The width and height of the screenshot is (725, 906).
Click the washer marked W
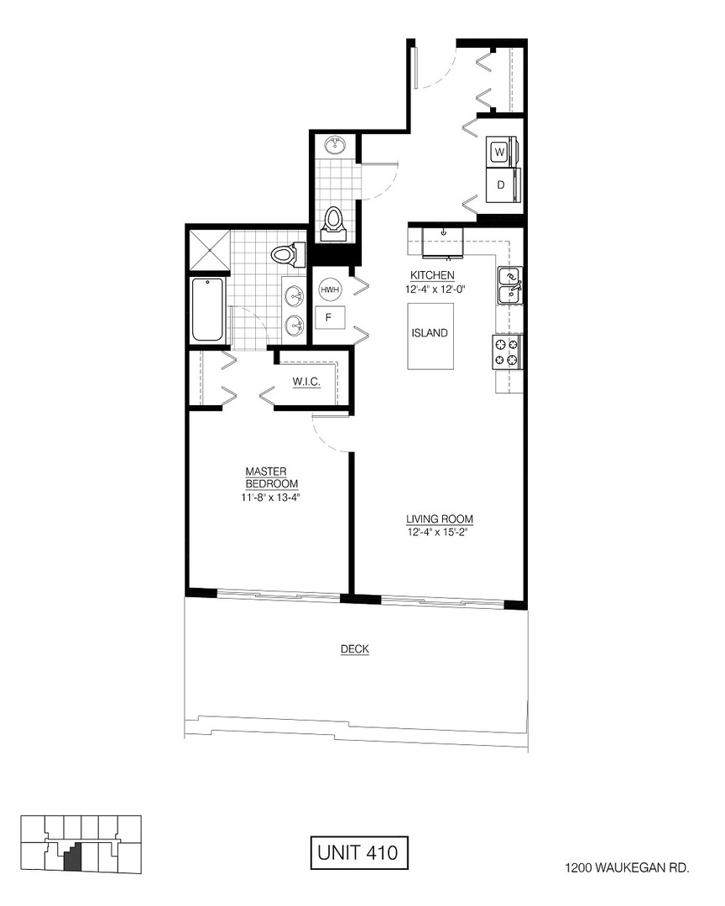500,152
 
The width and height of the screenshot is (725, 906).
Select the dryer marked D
501,185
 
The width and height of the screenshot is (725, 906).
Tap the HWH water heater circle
328,289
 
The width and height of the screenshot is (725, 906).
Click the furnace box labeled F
328,319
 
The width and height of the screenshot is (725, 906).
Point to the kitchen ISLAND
430,334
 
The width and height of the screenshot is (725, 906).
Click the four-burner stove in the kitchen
509,351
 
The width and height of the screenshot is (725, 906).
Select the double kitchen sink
509,285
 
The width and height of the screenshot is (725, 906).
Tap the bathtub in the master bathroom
208,310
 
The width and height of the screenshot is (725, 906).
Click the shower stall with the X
209,249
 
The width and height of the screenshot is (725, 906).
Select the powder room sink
336,145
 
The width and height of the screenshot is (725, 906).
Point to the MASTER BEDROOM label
271,477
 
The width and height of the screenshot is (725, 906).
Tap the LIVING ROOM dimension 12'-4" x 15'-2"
436,532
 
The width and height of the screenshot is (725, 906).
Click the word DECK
355,649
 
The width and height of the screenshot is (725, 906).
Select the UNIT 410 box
358,853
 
